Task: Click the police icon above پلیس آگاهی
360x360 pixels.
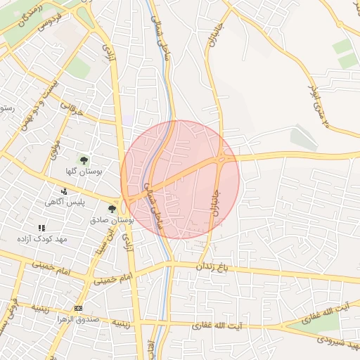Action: pos(65,191)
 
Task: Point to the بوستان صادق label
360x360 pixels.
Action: pos(112,219)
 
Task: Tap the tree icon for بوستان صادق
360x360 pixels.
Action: pos(112,209)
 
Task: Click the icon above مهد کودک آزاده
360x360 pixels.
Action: pos(41,228)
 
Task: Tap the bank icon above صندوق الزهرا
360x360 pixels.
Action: pos(78,308)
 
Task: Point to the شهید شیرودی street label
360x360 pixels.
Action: pos(333,340)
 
